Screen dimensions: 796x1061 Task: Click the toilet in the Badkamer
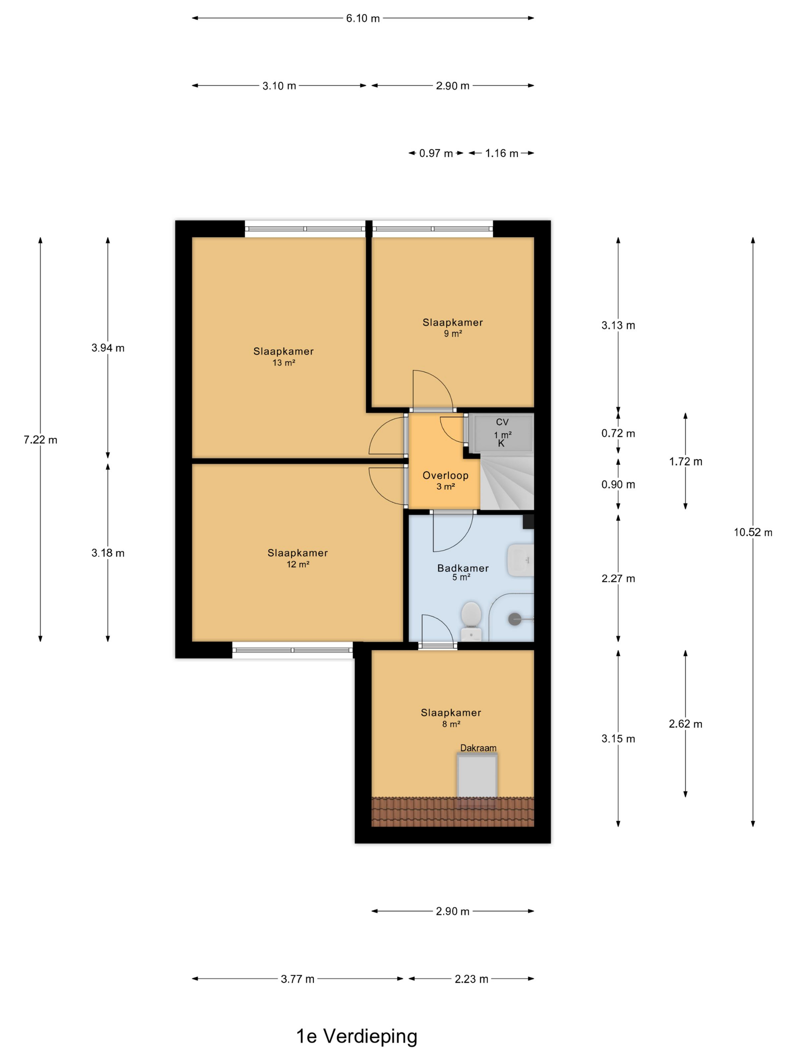pos(471,621)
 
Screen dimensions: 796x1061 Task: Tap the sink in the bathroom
pos(520,560)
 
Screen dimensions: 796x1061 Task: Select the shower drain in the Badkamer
pos(514,619)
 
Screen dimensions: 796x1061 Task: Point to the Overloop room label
pos(445,475)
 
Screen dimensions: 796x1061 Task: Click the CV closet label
pos(502,422)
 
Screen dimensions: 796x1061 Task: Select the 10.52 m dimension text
pos(753,532)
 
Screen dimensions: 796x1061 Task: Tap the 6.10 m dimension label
pos(363,18)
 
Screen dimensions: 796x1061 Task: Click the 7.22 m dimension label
pos(40,440)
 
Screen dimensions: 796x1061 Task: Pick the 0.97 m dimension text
pos(436,153)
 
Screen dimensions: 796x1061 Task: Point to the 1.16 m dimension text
pos(501,153)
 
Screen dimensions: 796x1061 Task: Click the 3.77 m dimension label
pos(298,979)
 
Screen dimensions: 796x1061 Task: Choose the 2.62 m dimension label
pos(685,724)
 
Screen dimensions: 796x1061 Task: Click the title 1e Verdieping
pos(357,1036)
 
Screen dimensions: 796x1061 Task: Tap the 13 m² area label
pos(284,363)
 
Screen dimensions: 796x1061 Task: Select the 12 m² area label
pos(298,564)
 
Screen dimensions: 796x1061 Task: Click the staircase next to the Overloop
pos(507,482)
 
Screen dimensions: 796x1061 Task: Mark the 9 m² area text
pos(453,333)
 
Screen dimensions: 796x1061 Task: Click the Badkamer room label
pos(462,568)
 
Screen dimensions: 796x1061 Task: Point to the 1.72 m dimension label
pos(685,462)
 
